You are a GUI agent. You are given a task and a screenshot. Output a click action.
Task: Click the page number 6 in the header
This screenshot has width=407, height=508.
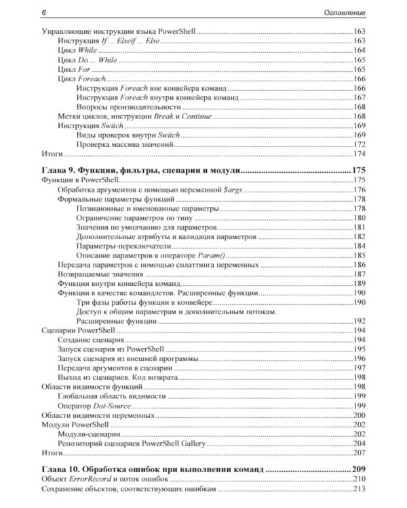(x=43, y=12)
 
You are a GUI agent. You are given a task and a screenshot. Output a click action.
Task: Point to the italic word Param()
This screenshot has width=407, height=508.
(x=216, y=256)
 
